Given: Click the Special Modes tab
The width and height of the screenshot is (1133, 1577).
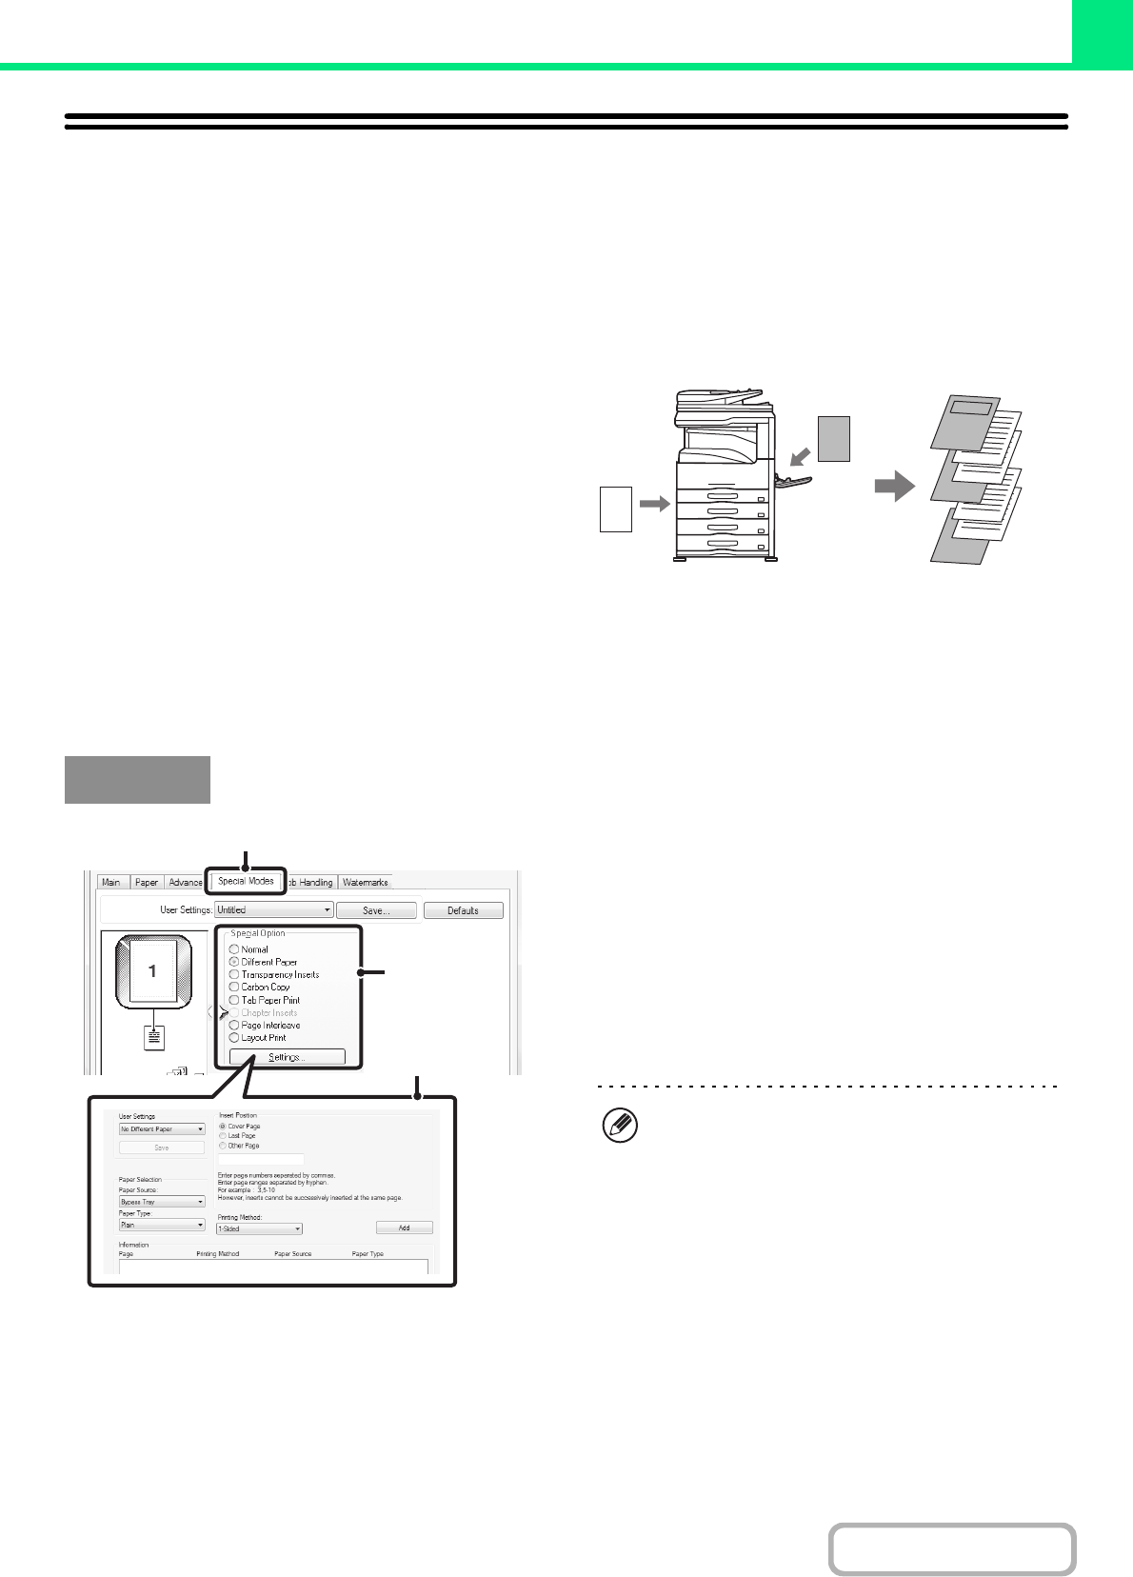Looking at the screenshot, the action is [246, 881].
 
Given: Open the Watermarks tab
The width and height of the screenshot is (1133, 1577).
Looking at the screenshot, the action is [366, 883].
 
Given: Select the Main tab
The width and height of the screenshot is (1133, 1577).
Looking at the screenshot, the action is [111, 883].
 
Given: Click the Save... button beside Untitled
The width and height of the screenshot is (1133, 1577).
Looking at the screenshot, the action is [376, 910].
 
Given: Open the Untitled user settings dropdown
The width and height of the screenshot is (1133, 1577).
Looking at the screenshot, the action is [274, 910].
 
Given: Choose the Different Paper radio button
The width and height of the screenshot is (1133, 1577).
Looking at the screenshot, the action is [234, 962].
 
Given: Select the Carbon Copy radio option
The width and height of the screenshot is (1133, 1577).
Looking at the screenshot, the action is [234, 988].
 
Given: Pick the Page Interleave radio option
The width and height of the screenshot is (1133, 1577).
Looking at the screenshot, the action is [234, 1026].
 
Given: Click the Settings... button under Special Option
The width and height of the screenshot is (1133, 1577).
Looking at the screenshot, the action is [286, 1057].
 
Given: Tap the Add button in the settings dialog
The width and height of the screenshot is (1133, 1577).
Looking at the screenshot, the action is [404, 1228].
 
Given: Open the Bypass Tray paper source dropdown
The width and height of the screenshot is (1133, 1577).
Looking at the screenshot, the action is [162, 1202].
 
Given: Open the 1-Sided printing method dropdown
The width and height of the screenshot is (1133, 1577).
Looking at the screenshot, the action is [259, 1229].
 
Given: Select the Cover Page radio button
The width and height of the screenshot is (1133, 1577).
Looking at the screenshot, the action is [223, 1127].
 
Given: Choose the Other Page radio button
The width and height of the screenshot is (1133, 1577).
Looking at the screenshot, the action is [223, 1146].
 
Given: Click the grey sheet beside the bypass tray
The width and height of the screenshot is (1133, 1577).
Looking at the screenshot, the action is [834, 439].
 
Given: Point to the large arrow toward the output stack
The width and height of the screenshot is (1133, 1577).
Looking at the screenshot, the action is [894, 488].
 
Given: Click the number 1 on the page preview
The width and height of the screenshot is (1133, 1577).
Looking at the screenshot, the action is [152, 971].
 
